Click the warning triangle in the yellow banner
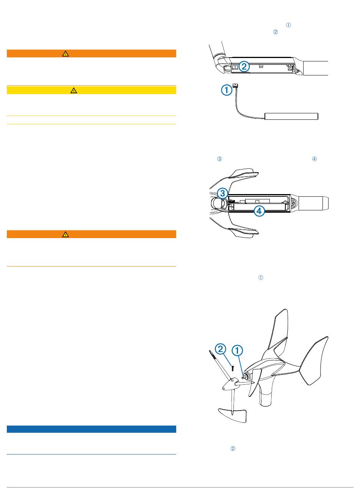tap(74, 90)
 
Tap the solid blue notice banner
tap(91, 429)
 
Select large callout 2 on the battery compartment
tap(244, 66)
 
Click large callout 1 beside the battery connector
tap(227, 90)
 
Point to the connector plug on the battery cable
tap(235, 85)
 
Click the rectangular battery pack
tap(291, 116)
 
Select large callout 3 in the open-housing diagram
tap(222, 193)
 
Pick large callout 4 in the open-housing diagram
tap(259, 211)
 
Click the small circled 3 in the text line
tap(219, 159)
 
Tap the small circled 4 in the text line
tap(315, 159)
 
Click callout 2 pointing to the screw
tap(221, 349)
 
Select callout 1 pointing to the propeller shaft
tap(237, 350)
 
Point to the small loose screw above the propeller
tap(233, 368)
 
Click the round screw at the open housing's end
tap(294, 204)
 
